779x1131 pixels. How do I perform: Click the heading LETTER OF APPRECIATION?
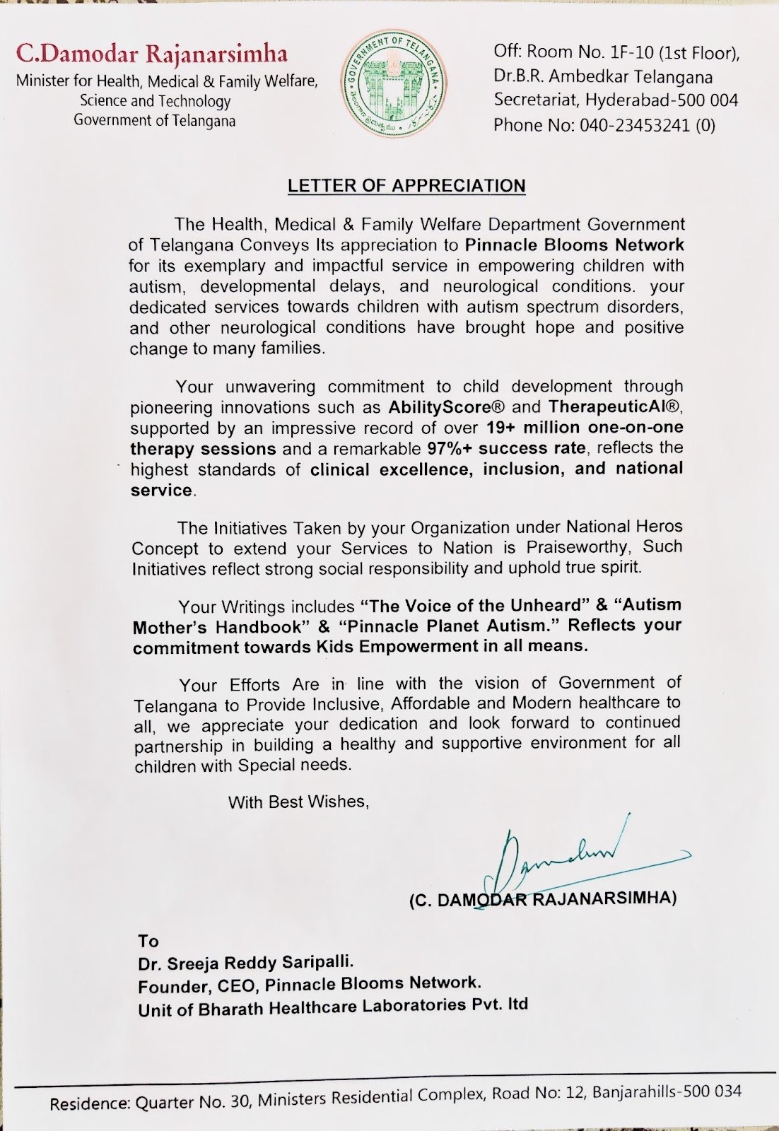pyautogui.click(x=406, y=186)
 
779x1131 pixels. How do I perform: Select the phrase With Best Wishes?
pyautogui.click(x=298, y=802)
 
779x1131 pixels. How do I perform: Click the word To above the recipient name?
pyautogui.click(x=148, y=941)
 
